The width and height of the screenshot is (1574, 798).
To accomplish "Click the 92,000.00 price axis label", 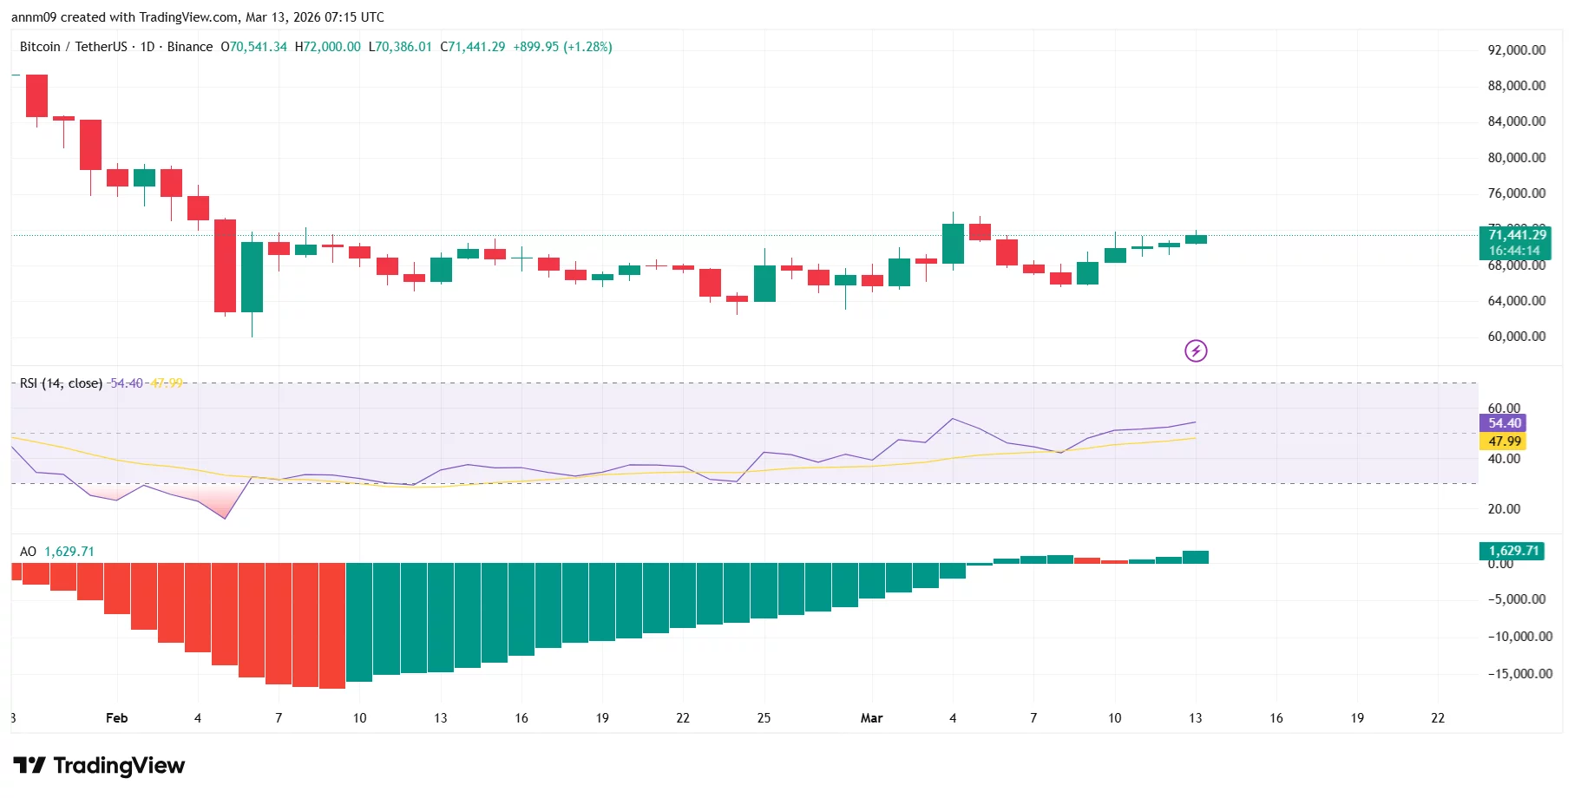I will [1516, 50].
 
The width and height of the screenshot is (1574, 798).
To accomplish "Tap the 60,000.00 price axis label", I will [1516, 337].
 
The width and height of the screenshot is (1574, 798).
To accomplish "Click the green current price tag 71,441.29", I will [1517, 235].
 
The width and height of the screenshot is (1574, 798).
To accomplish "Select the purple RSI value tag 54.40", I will [1504, 423].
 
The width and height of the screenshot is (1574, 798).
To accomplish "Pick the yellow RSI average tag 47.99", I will [1504, 442].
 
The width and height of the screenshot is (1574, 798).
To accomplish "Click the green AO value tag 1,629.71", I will [1512, 551].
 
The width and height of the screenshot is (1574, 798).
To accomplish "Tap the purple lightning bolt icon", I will [1196, 350].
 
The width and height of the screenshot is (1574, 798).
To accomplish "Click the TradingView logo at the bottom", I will [99, 765].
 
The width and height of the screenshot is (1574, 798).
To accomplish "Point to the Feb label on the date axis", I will [116, 718].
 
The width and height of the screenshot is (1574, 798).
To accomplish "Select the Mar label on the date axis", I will [871, 718].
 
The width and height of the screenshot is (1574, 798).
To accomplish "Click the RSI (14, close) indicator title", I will [61, 383].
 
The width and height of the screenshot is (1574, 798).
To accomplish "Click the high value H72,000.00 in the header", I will [327, 47].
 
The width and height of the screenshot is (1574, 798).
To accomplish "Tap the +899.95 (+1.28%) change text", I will [562, 47].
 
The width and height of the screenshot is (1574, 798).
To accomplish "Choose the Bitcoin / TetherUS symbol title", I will [73, 47].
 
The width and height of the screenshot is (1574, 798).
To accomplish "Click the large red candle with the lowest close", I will [225, 265].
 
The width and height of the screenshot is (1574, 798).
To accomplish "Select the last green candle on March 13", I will [1196, 239].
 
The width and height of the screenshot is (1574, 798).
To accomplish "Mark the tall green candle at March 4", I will [953, 244].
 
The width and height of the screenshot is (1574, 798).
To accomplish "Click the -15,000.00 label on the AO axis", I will [1519, 674].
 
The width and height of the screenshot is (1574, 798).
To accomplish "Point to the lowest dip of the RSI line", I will [225, 518].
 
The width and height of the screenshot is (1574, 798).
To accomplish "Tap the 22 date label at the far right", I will [1438, 718].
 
